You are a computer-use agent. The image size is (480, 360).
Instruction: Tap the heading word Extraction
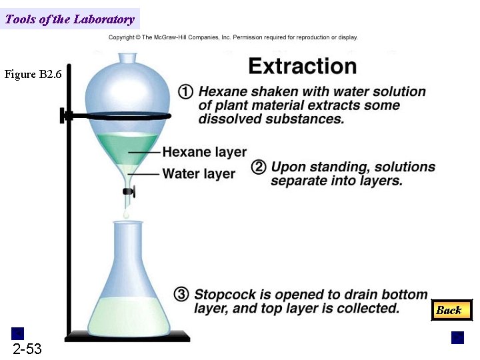point(302,66)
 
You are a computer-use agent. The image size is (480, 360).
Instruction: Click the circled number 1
point(186,91)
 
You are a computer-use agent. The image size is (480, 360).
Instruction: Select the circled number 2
point(259,167)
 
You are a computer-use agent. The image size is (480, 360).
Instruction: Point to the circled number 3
point(181,294)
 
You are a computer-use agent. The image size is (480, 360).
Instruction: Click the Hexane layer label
point(204,152)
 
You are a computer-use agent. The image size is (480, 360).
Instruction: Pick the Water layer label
point(199,174)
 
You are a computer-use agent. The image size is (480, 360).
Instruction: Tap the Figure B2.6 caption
point(33,75)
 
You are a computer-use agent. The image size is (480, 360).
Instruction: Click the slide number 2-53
point(27,349)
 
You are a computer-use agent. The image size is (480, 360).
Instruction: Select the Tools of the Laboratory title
point(69,19)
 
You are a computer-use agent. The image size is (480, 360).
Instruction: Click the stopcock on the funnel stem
point(129,192)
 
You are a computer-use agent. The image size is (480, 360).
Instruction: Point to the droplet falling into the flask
point(125,215)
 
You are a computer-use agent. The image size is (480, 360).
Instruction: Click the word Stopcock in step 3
point(223,294)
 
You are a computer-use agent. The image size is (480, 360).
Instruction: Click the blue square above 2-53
point(18,333)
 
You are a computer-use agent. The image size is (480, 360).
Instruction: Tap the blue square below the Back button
point(457,337)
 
